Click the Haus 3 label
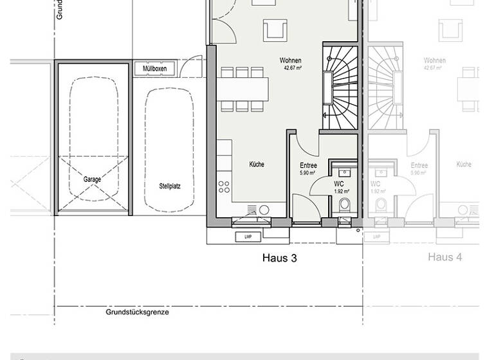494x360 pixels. tap(279, 258)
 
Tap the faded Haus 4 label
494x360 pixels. tap(445, 257)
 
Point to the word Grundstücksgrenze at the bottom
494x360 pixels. tap(138, 312)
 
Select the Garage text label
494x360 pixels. tap(92, 179)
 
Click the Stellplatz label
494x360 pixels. tap(170, 186)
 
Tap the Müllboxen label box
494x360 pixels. tap(154, 69)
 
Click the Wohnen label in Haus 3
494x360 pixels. tap(290, 60)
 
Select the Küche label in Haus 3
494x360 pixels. tap(257, 165)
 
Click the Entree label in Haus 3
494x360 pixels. tap(308, 166)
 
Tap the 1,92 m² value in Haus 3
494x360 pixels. tap(341, 191)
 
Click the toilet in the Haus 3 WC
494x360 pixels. tap(344, 206)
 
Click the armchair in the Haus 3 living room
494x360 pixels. tap(274, 29)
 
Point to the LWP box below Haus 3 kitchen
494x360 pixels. tap(247, 237)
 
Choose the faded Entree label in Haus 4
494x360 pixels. tap(419, 166)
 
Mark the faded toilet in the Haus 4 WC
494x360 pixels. tap(381, 205)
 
